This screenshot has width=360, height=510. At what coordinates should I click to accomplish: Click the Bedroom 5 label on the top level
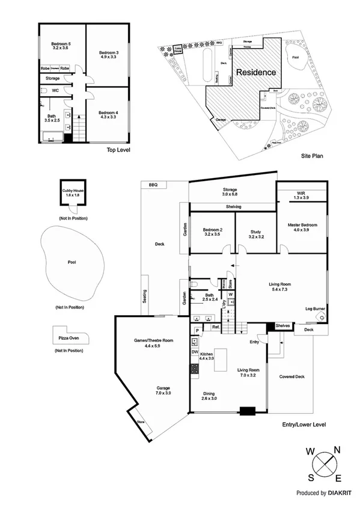[x=61, y=44]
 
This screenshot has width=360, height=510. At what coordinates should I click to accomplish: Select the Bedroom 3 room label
[x=109, y=53]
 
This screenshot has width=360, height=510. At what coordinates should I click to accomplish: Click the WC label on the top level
[x=55, y=90]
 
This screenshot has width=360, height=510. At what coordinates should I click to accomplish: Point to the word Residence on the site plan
[x=255, y=72]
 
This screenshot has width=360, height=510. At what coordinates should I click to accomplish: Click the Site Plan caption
[x=313, y=155]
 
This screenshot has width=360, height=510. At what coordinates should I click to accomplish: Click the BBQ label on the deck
[x=153, y=185]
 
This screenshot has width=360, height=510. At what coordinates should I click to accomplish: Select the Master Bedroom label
[x=302, y=226]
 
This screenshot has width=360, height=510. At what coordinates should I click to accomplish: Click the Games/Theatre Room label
[x=153, y=341]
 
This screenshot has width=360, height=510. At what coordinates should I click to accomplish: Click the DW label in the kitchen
[x=195, y=352]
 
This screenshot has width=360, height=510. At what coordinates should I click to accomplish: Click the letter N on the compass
[x=337, y=449]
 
